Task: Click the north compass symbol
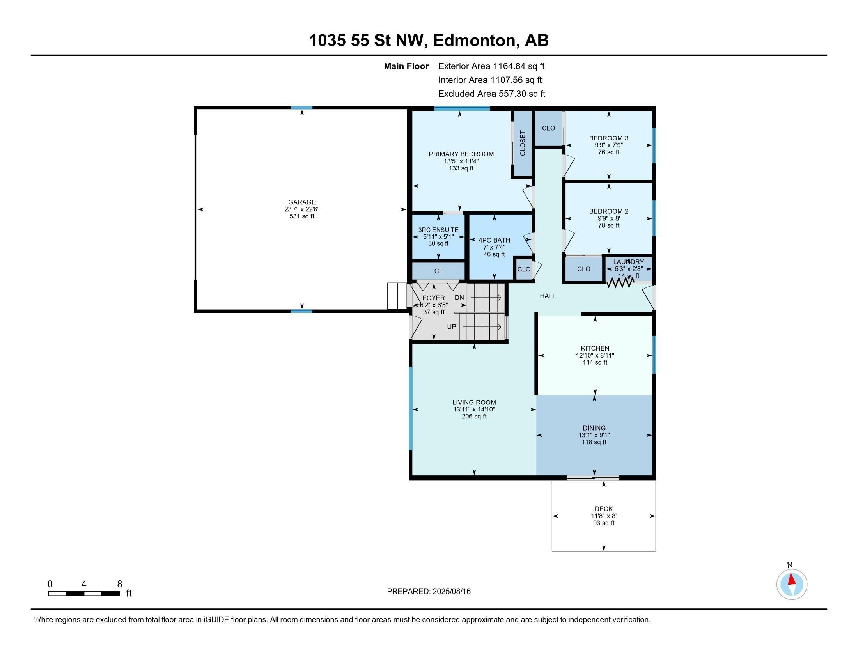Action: (x=792, y=585)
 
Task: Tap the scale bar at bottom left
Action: (x=84, y=594)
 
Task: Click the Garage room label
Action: (x=302, y=202)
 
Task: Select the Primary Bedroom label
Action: (x=461, y=154)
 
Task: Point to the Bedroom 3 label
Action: (x=608, y=138)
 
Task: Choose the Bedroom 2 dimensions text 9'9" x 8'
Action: (x=608, y=218)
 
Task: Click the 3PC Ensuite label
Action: (x=438, y=230)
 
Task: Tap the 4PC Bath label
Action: (x=494, y=240)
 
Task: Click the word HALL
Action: (x=548, y=296)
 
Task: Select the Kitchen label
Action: (x=595, y=348)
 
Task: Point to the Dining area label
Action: (x=594, y=428)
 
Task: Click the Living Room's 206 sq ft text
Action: (x=474, y=417)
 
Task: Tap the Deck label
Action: (x=604, y=509)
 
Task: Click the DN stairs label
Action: (x=459, y=298)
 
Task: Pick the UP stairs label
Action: (x=451, y=327)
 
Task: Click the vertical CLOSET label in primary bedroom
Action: (x=523, y=143)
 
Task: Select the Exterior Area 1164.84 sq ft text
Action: (x=491, y=66)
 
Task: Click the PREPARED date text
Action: (x=429, y=591)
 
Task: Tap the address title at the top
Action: (x=429, y=40)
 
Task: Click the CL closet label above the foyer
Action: (x=438, y=271)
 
